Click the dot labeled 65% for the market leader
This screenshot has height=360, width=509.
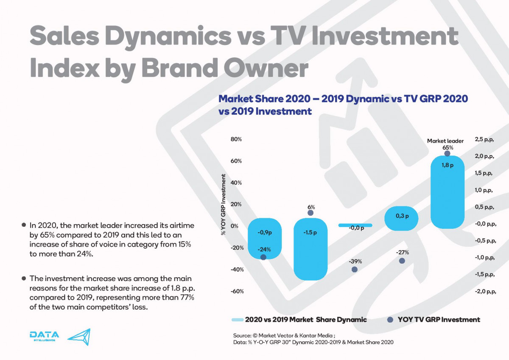coord(447,153)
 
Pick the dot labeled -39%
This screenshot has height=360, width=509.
coord(355,269)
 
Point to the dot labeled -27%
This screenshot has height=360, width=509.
coord(402,261)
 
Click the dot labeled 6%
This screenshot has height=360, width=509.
coord(310,213)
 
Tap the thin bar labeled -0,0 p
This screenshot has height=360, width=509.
coord(355,225)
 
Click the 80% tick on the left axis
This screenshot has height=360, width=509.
coord(236,139)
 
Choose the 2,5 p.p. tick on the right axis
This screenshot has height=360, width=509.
coord(485,139)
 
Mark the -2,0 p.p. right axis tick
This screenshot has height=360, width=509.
coord(485,291)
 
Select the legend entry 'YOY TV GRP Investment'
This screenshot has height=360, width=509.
coord(439,320)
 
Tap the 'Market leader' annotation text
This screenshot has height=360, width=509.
coord(445,141)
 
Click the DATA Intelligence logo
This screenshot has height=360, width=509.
coord(44,336)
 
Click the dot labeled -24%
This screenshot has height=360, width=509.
coord(263,257)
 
